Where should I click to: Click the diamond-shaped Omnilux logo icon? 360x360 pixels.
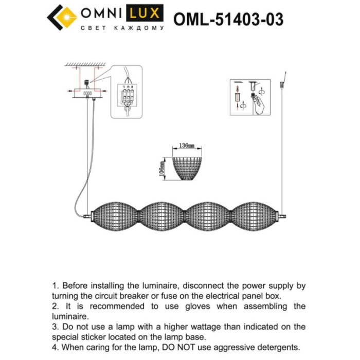coord(62,20)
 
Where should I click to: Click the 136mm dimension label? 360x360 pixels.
coord(187,146)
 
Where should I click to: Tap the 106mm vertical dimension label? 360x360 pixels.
coord(163,168)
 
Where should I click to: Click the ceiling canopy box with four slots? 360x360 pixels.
coord(88,94)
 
